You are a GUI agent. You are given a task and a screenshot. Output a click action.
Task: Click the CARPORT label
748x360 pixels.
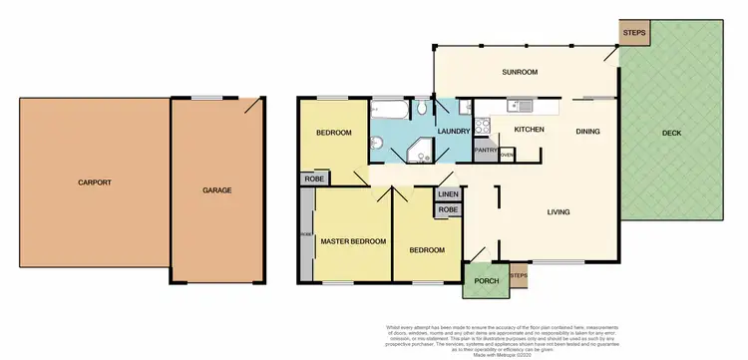95,182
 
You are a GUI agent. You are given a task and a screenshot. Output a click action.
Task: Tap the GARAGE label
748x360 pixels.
217,189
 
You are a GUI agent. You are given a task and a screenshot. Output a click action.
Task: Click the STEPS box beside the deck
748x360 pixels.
634,33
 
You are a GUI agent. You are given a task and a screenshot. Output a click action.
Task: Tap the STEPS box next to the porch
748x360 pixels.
518,275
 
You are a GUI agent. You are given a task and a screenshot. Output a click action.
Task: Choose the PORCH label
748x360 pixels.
486,280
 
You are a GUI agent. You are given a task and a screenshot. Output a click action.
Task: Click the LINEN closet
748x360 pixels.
448,193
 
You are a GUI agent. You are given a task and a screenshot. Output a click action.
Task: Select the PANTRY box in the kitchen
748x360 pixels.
486,151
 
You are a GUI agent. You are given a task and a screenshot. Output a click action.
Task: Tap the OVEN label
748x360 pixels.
507,155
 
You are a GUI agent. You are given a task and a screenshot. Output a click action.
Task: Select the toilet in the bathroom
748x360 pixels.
423,107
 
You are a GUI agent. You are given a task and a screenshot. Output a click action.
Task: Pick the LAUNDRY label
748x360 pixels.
453,131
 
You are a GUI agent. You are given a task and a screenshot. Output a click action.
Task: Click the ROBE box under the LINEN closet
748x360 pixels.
448,210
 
